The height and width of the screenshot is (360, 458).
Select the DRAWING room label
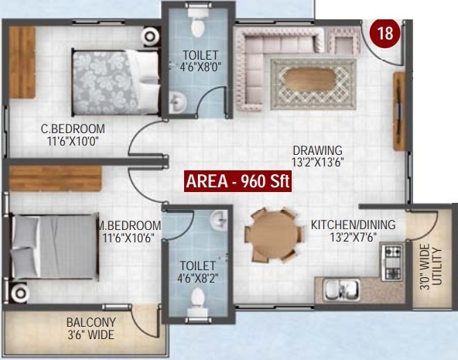tap(317, 149)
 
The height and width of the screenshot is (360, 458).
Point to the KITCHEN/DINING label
tap(353, 225)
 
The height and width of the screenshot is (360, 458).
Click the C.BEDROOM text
tap(73, 129)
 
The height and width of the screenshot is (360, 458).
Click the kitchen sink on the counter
tap(340, 290)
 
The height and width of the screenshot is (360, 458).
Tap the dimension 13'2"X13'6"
tap(317, 162)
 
